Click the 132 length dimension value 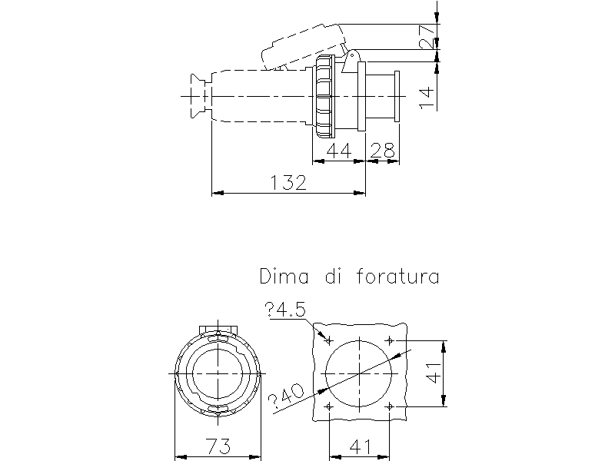288,182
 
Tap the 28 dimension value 382,151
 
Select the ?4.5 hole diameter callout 285,310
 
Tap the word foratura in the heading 398,276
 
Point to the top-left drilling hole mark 329,340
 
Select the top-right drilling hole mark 391,340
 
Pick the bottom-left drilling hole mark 329,405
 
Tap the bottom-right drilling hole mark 391,405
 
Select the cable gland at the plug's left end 197,96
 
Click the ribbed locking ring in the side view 324,96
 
